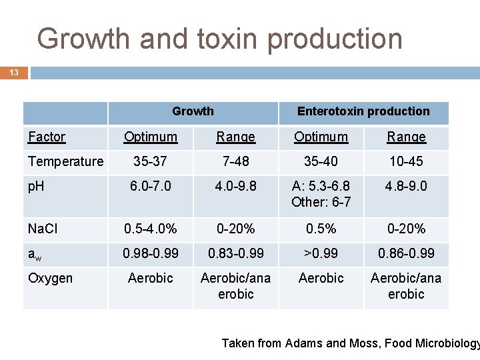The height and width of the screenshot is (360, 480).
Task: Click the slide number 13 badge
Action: pos(14,72)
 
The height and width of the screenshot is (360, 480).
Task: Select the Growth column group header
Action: pos(193,111)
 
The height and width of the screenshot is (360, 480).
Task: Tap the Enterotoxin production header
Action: pos(363,111)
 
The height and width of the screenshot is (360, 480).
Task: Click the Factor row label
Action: pos(47,137)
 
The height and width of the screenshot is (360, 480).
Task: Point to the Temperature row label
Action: pos(65,161)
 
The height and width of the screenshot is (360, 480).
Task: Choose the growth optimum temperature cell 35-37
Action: pos(151,161)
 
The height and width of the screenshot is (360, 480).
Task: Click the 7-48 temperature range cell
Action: pos(235,161)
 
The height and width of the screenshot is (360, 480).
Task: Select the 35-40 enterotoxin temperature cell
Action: pos(321,161)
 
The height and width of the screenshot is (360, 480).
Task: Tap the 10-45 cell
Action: pos(406,161)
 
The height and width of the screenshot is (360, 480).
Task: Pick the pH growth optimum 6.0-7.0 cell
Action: pos(151,186)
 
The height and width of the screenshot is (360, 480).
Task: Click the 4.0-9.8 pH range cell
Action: pos(235,186)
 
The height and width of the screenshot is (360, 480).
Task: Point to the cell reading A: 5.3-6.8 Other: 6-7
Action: pos(321,193)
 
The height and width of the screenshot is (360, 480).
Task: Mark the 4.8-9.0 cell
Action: pos(406,186)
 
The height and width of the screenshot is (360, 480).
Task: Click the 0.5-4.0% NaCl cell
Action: pos(151,229)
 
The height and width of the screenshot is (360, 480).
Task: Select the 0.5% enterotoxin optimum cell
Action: pos(321,229)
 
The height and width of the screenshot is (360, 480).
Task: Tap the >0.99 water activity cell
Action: pos(321,253)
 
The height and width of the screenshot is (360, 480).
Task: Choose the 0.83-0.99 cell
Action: pos(235,253)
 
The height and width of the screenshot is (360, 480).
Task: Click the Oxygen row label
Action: pos(51,278)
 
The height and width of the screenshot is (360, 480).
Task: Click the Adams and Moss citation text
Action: pos(350,343)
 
